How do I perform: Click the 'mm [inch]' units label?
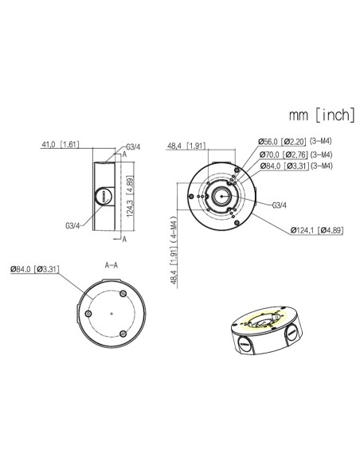[322, 115]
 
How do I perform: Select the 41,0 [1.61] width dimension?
[61, 144]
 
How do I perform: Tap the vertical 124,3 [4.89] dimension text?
[130, 197]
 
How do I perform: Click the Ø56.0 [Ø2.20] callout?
[282, 142]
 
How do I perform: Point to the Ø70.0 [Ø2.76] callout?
[284, 154]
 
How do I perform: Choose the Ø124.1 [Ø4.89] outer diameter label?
[317, 230]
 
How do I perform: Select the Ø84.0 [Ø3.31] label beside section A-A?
[35, 269]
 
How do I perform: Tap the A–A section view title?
[112, 265]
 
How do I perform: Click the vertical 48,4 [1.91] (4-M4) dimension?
[174, 250]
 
